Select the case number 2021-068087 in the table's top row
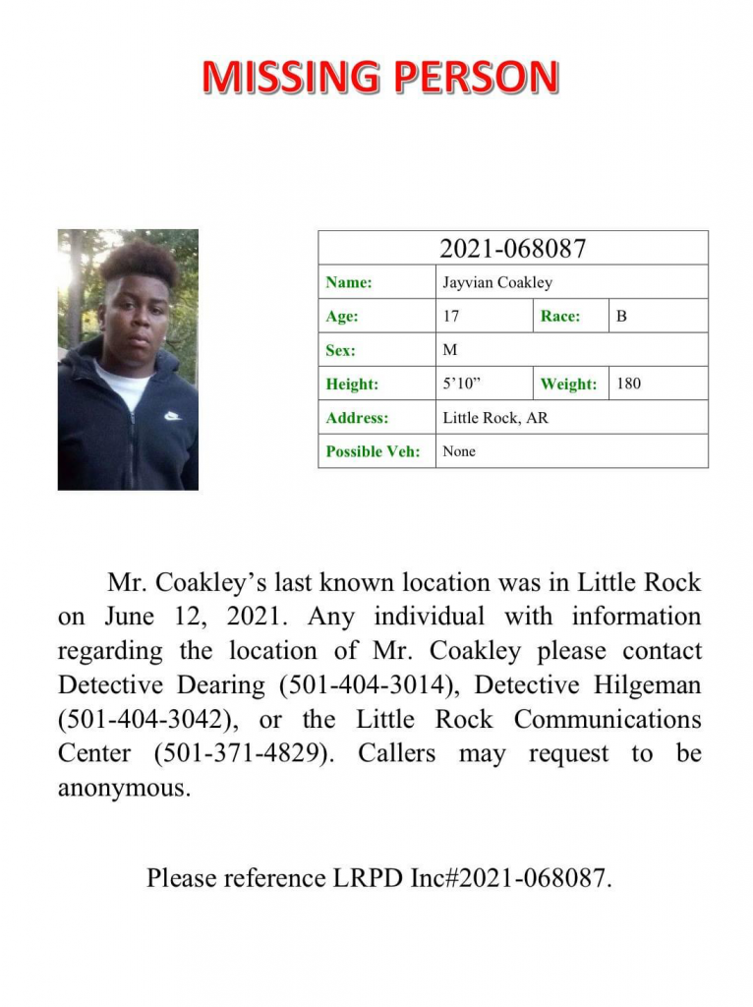(x=512, y=249)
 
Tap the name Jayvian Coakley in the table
(x=497, y=283)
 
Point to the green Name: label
(x=349, y=283)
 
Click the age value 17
(x=451, y=317)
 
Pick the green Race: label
(x=560, y=317)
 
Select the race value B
(x=621, y=317)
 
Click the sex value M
(x=450, y=350)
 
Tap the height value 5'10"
(x=461, y=384)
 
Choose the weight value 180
(x=628, y=384)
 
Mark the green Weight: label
(x=568, y=385)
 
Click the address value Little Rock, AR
(x=495, y=418)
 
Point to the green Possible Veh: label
(x=374, y=451)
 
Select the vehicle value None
(x=459, y=451)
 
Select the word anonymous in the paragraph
(x=121, y=789)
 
